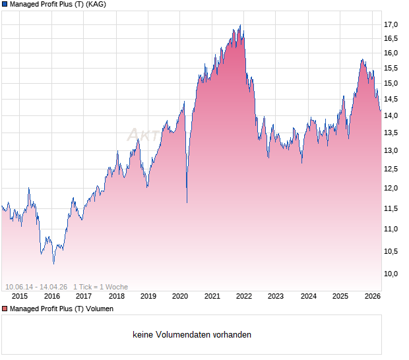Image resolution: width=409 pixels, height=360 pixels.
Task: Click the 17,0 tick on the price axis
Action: pos(391,25)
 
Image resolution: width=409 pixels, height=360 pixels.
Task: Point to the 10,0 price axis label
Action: pos(391,274)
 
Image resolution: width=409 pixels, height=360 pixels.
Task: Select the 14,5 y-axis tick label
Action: pos(391,100)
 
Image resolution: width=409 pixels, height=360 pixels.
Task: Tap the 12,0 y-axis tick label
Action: pos(391,189)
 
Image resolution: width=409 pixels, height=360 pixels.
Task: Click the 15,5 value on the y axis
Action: pos(391,68)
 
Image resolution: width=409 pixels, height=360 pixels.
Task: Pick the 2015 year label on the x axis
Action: pos(20,296)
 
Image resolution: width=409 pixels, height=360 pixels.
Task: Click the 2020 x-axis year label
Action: pos(180,296)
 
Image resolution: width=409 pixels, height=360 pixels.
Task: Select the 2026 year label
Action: pos(372,296)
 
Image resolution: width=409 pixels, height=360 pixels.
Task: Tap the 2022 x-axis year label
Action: pos(244,296)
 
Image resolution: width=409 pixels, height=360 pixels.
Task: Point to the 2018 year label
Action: pos(116,296)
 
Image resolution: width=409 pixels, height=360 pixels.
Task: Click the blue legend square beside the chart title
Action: pos(5,5)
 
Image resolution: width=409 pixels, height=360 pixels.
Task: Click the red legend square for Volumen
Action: pos(5,309)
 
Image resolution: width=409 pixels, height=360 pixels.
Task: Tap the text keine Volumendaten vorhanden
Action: pos(192,335)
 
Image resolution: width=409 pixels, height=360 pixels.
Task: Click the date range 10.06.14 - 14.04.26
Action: pos(37,287)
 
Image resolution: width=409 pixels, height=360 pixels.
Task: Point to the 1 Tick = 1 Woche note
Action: pos(100,287)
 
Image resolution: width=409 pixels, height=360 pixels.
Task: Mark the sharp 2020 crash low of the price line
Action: pos(187,202)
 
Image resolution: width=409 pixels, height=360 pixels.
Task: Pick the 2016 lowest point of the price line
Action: pos(53,263)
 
